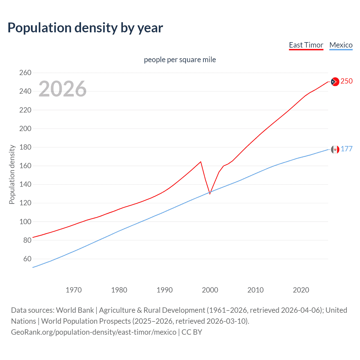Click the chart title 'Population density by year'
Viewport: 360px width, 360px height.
[85, 28]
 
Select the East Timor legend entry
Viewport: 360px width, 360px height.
[306, 45]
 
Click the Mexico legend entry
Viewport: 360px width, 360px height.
[341, 45]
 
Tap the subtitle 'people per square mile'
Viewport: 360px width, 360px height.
[180, 60]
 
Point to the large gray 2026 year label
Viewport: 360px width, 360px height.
[62, 89]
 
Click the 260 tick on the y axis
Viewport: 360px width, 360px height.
[25, 73]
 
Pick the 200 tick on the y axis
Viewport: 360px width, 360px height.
[25, 129]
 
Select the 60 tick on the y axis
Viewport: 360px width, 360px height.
[27, 259]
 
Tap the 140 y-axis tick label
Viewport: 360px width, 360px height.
[25, 184]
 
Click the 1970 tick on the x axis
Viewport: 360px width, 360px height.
[74, 290]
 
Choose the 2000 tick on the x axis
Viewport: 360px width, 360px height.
[210, 290]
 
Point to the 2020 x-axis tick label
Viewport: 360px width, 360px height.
[301, 290]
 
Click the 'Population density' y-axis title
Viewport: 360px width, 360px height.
[12, 174]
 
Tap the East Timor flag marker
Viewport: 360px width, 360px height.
[335, 82]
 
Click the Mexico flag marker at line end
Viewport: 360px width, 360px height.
[335, 149]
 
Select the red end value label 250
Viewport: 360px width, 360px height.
[346, 81]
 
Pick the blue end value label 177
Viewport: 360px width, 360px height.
[346, 149]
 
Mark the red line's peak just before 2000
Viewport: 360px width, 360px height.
[201, 162]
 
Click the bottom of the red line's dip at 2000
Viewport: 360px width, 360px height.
[210, 194]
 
